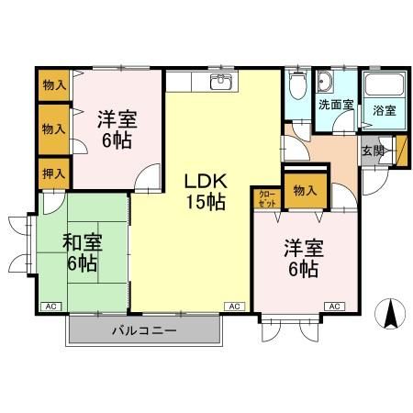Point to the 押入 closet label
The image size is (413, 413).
pyautogui.click(x=54, y=173)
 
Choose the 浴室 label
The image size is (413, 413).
pyautogui.click(x=385, y=111)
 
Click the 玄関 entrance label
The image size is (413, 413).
pyautogui.click(x=372, y=151)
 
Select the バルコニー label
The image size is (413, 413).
pyautogui.click(x=145, y=329)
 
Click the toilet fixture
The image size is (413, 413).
pyautogui.click(x=296, y=87)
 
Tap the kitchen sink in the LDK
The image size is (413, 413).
pyautogui.click(x=220, y=84)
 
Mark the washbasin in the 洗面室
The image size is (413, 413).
pyautogui.click(x=325, y=85)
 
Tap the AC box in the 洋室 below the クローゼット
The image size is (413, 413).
pyautogui.click(x=332, y=306)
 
